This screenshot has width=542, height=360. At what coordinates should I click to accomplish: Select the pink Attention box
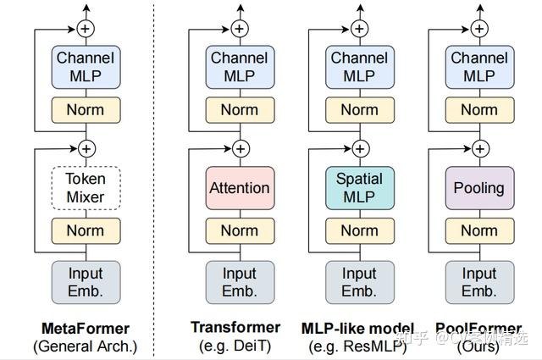(240, 188)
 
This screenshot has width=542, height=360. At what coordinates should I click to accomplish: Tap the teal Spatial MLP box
(359, 188)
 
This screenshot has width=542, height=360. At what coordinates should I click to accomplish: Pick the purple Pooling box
(479, 188)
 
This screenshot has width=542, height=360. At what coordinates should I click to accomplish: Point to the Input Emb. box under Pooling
(479, 282)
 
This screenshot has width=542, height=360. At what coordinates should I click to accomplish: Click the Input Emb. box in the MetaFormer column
(86, 282)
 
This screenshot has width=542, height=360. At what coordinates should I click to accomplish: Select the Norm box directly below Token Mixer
(86, 230)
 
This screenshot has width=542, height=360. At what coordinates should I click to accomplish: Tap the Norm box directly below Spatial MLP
(359, 230)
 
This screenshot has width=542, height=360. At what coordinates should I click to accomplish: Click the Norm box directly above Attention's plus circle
(240, 110)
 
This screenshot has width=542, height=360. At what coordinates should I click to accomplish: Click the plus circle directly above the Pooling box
(479, 149)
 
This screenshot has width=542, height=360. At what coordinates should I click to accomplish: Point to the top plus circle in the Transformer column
(240, 29)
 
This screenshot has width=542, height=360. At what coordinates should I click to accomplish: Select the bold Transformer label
(235, 327)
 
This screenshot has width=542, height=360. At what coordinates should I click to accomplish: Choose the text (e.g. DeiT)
(235, 346)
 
